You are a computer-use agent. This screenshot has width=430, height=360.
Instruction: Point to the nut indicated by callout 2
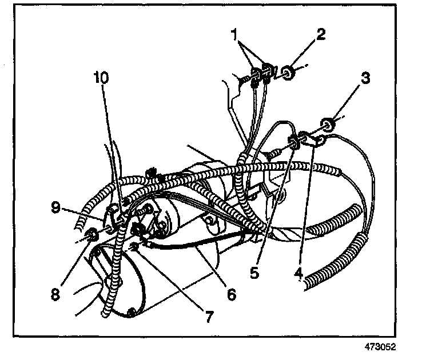(x=289, y=73)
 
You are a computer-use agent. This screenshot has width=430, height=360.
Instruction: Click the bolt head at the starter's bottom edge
(x=132, y=312)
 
